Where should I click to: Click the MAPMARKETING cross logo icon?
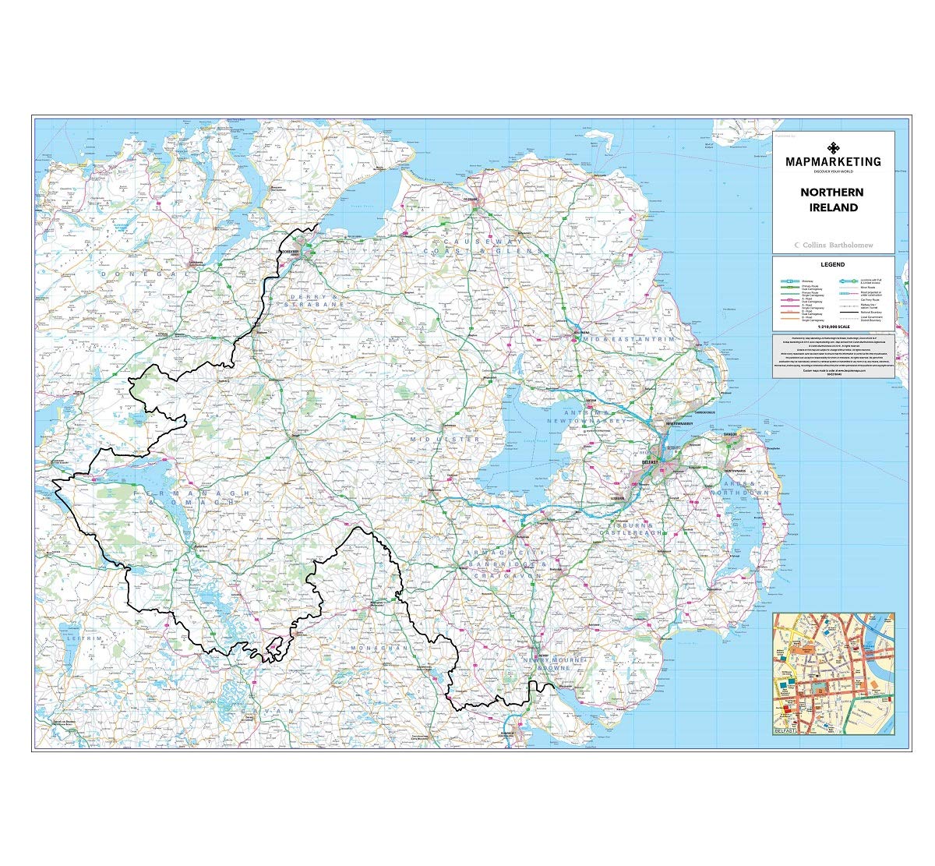pos(833,147)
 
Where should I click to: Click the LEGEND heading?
pos(833,264)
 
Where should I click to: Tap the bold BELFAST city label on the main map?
pos(650,462)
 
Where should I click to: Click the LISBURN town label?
pos(619,497)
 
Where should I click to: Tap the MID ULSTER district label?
pos(445,440)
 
